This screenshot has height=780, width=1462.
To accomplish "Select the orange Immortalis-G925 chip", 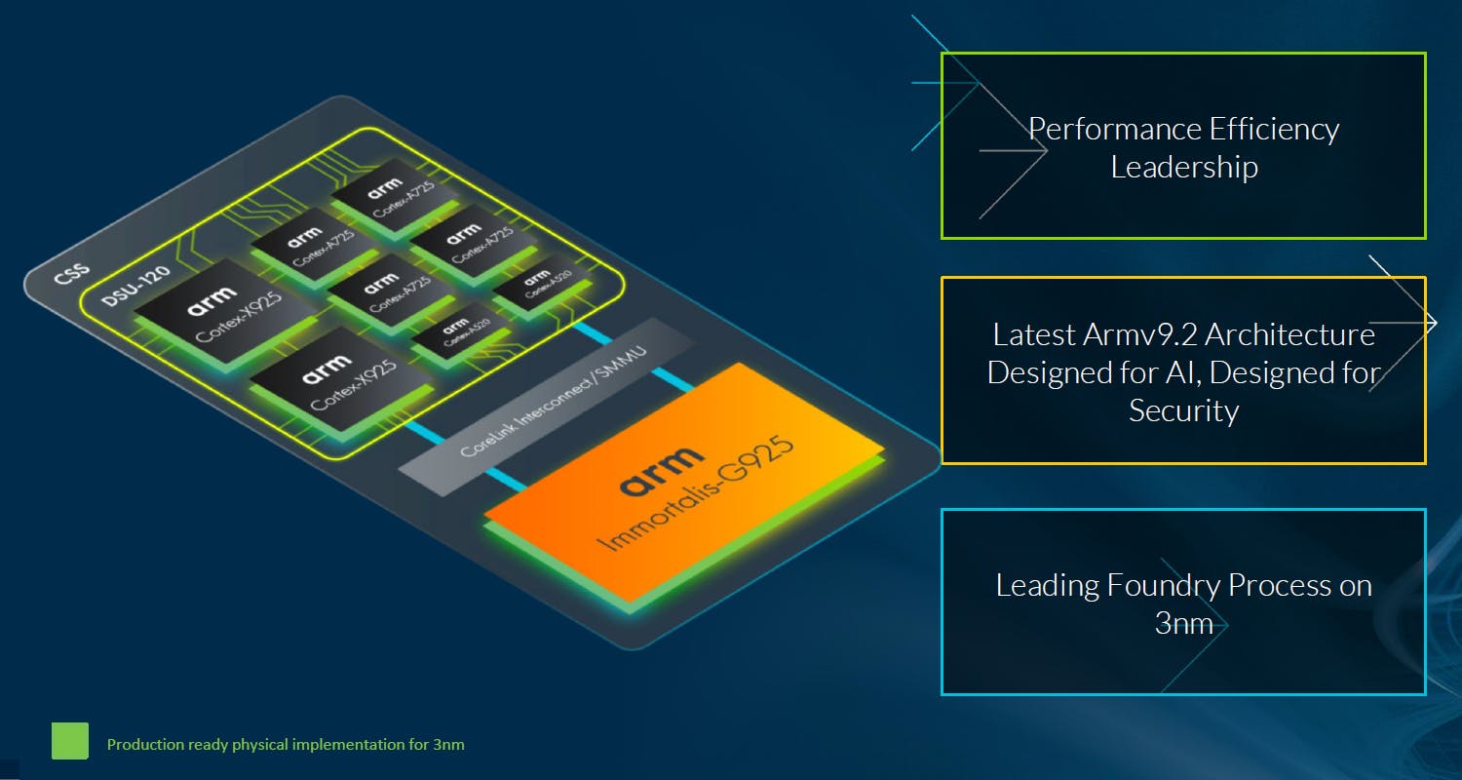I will coord(682,483).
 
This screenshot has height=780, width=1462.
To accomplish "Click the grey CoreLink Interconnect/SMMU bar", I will coord(546,405).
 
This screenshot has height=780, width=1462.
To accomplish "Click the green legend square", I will coord(70,741).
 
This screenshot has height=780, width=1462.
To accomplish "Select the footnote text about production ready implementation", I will coord(286,745).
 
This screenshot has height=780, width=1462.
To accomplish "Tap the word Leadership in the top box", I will coord(1184,167).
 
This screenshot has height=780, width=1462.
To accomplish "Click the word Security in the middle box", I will coord(1183,410).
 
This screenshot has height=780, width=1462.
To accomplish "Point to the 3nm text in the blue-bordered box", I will coord(1183,623).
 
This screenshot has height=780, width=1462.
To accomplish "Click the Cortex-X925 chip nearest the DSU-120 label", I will coord(224,310).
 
